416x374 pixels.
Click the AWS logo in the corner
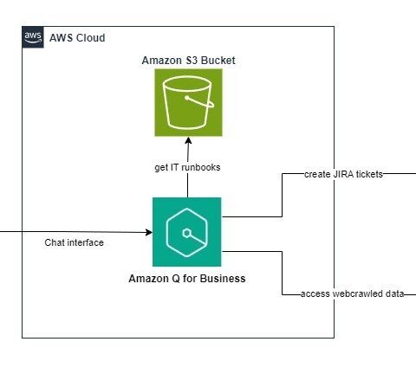pyautogui.click(x=33, y=37)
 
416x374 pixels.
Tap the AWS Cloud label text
pyautogui.click(x=77, y=38)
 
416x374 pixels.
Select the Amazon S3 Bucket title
pyautogui.click(x=188, y=61)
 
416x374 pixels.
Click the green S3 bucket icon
pyautogui.click(x=188, y=102)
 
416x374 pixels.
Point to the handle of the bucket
pyautogui.click(x=201, y=102)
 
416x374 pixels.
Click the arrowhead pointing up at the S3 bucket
pyautogui.click(x=188, y=141)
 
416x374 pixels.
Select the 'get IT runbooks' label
pyautogui.click(x=187, y=167)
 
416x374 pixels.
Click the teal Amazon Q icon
pyautogui.click(x=187, y=232)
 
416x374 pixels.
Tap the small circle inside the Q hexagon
pyautogui.click(x=187, y=233)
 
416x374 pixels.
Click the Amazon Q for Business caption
pyautogui.click(x=187, y=279)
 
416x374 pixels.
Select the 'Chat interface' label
pyautogui.click(x=74, y=242)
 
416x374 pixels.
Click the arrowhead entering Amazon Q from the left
pyautogui.click(x=149, y=232)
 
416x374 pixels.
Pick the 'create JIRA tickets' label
pyautogui.click(x=343, y=174)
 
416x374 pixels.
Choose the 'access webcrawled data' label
pyautogui.click(x=353, y=293)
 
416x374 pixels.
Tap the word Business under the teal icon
pyautogui.click(x=223, y=279)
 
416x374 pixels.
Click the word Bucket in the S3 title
pyautogui.click(x=218, y=61)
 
